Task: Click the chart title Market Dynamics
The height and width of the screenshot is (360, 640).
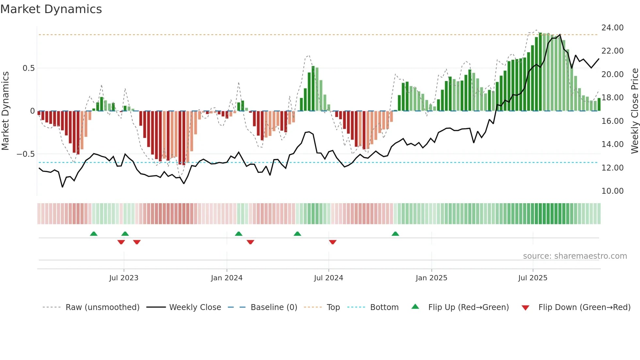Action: [x=51, y=9]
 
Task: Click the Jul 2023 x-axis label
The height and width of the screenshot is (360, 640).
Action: [x=124, y=278]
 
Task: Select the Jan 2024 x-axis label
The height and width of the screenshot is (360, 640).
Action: [x=227, y=278]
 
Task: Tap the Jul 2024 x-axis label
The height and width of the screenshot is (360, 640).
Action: [x=328, y=278]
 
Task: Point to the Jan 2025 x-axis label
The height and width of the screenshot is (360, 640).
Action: [x=431, y=278]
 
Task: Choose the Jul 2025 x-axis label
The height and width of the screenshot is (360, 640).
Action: [x=533, y=278]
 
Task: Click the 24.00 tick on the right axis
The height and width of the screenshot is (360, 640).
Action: [x=612, y=28]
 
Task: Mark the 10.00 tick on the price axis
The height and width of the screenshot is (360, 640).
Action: [x=612, y=191]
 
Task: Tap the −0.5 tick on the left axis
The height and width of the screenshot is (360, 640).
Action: [x=26, y=154]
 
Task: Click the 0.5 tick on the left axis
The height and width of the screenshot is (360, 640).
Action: [x=28, y=68]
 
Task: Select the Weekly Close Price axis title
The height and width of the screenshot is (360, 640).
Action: [x=634, y=111]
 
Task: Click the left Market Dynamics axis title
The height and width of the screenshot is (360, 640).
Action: [x=5, y=111]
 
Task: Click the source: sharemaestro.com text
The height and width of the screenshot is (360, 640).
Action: [x=575, y=256]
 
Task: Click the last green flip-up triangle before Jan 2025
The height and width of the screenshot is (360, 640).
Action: [x=395, y=234]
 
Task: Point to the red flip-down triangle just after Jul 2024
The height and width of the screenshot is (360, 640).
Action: [x=333, y=242]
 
